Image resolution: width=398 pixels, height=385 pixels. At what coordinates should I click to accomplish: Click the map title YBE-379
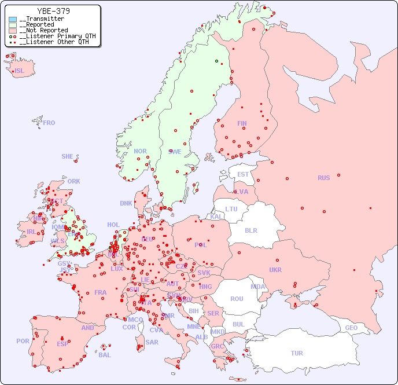(53, 11)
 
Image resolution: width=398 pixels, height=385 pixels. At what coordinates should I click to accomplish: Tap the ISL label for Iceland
(20, 71)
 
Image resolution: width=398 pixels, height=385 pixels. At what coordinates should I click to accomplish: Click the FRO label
(49, 123)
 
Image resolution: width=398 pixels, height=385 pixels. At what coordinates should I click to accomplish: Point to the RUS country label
(323, 178)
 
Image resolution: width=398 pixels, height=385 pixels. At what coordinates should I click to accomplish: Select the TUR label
(297, 353)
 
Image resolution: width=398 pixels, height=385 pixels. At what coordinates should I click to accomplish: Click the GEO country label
(351, 328)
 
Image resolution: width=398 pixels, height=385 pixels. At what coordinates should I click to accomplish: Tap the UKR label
(275, 270)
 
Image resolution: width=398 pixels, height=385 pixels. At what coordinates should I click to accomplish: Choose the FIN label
(242, 123)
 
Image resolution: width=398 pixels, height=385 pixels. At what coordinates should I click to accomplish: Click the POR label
(23, 341)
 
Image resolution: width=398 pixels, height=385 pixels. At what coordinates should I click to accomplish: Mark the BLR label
(250, 230)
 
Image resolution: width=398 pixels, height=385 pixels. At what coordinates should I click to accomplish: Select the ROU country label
(237, 299)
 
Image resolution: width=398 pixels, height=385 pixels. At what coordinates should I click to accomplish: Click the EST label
(243, 174)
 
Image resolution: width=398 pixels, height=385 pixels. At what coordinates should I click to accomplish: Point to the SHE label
(68, 156)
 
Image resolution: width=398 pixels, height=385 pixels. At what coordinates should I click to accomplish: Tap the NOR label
(140, 151)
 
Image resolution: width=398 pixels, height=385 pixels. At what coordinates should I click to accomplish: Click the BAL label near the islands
(104, 355)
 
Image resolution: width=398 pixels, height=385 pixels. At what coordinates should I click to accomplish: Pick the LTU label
(231, 209)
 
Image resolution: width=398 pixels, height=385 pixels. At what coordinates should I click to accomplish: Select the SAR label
(152, 342)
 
